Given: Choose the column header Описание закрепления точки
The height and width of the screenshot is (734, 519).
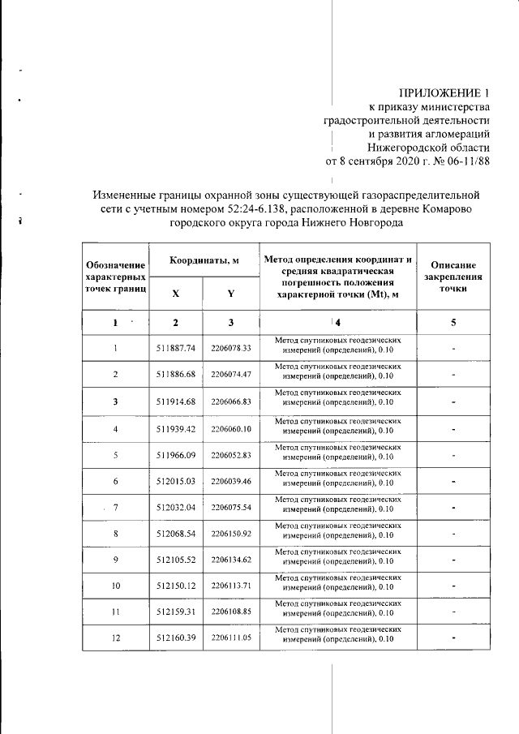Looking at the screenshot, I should pyautogui.click(x=453, y=277).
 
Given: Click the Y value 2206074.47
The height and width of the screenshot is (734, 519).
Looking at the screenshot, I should pyautogui.click(x=230, y=375).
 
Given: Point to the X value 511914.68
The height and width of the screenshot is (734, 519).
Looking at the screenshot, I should pyautogui.click(x=176, y=401).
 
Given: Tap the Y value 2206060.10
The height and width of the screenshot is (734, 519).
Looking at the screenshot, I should pyautogui.click(x=230, y=428).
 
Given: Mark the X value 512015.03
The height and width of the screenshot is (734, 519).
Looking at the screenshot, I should pyautogui.click(x=176, y=481).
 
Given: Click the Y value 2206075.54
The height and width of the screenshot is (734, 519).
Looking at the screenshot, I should pyautogui.click(x=230, y=508).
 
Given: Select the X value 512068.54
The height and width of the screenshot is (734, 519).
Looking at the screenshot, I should pyautogui.click(x=176, y=534).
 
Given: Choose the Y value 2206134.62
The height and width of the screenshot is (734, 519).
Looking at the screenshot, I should pyautogui.click(x=230, y=560).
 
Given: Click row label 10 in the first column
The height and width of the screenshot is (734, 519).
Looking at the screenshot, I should pyautogui.click(x=116, y=586).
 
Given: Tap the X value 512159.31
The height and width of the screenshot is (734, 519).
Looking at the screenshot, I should pyautogui.click(x=176, y=612).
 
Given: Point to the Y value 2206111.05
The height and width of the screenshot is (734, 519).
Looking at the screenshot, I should pyautogui.click(x=230, y=638).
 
